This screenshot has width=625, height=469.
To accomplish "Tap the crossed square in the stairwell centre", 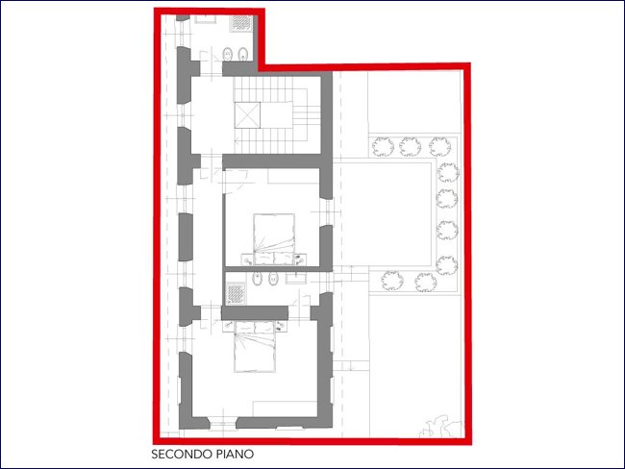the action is coord(247,115).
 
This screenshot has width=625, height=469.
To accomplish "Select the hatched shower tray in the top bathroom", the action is coord(241,23).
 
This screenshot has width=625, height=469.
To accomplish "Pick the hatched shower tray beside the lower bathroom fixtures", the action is coord(236,293).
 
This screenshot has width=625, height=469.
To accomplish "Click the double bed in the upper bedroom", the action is coord(274,239).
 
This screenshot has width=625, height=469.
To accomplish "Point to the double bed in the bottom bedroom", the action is coord(255,347).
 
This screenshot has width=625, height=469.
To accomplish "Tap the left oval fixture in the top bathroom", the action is coord(228,54).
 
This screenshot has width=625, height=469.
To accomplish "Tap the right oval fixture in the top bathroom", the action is coord(243,54).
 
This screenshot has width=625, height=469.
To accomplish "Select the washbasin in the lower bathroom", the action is coord(296,279).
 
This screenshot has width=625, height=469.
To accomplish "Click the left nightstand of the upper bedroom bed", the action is coord(247,259).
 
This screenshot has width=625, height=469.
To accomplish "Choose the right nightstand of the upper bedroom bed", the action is coord(301,259).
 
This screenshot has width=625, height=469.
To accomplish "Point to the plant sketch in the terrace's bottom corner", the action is coord(440,427).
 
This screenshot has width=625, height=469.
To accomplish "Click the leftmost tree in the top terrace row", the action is coord(383,147).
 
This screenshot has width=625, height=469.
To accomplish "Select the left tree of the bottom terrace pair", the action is coord(391,281).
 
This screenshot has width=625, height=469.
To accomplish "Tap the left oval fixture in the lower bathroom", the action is coord(258,279).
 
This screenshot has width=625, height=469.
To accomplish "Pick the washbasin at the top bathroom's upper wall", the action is coord(205,18).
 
